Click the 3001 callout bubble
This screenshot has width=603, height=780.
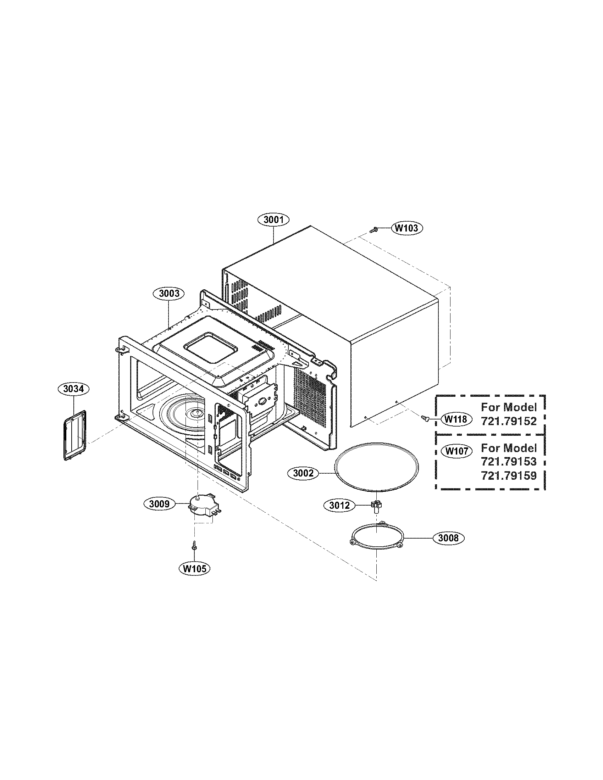(x=273, y=220)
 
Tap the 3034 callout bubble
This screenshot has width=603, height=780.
(x=73, y=389)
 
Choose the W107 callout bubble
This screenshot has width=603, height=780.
(x=457, y=451)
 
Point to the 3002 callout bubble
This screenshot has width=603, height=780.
(x=303, y=473)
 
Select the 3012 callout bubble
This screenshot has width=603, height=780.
(x=339, y=506)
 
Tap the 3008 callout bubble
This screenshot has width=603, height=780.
(x=448, y=538)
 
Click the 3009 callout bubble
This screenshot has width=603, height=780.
(x=159, y=504)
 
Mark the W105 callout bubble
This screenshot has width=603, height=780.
(x=195, y=569)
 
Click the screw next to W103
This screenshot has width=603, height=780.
(x=375, y=230)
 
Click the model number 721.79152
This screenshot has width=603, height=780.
(x=509, y=422)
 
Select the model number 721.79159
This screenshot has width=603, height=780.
(x=509, y=476)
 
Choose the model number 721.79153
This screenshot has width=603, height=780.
(x=509, y=462)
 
